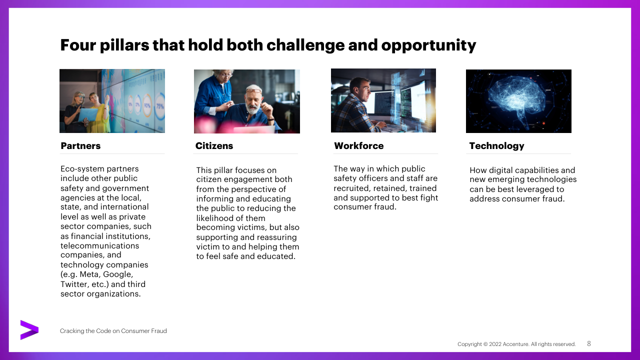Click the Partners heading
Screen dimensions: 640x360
tap(80, 145)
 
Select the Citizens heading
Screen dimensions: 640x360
tap(214, 145)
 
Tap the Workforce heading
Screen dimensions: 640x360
tap(359, 145)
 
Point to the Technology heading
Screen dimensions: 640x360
tap(497, 146)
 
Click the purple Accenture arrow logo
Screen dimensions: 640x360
tap(29, 330)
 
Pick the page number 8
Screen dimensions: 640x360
tap(589, 343)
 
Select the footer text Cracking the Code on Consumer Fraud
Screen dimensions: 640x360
tap(113, 331)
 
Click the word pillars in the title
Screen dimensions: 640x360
tap(124, 45)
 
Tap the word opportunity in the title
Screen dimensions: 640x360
tap(428, 45)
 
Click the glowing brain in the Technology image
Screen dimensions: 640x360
tap(516, 97)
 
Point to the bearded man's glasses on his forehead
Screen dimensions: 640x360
tap(253, 91)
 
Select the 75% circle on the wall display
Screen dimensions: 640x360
tap(160, 106)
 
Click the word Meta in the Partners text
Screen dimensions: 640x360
tap(90, 274)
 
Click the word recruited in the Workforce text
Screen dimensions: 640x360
tap(351, 188)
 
